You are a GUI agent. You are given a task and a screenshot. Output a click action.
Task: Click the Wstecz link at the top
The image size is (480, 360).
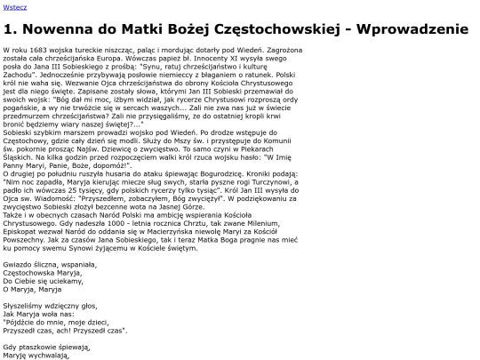14,7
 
